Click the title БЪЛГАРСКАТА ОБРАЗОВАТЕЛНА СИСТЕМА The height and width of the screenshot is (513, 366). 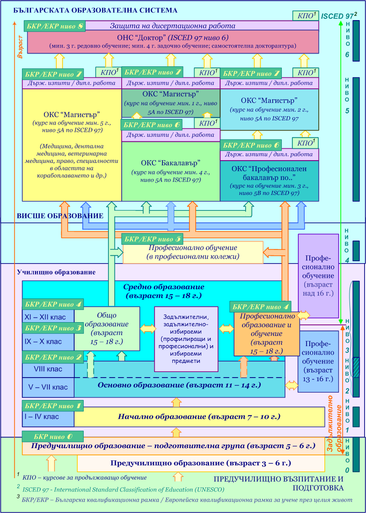point(95,10)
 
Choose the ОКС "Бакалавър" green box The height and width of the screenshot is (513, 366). point(171,171)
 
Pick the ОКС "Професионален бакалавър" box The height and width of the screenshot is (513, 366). point(269,180)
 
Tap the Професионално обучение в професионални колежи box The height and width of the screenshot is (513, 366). point(193,252)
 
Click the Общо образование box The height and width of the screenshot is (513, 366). point(107,328)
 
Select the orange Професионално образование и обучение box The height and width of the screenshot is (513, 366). point(266,333)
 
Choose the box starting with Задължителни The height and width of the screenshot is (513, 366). point(186,339)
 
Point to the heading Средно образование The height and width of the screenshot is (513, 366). point(163,291)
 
